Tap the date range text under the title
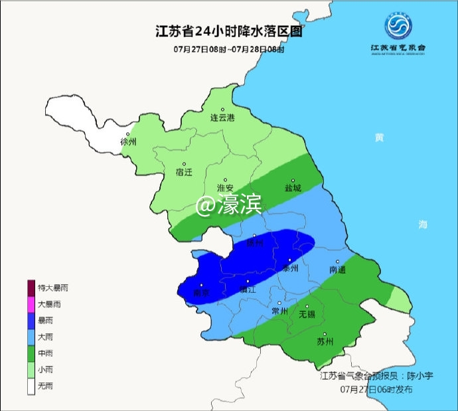click(228, 49)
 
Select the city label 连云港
click(222, 118)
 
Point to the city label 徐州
click(128, 142)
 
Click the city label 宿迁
click(183, 172)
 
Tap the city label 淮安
click(227, 188)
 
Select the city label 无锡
click(307, 314)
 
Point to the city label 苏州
click(325, 343)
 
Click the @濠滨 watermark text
click(228, 206)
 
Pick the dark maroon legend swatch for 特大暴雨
click(31, 288)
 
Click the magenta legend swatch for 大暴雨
click(31, 305)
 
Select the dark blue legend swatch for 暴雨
click(31, 321)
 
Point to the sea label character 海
click(423, 225)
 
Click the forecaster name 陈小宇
click(418, 376)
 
